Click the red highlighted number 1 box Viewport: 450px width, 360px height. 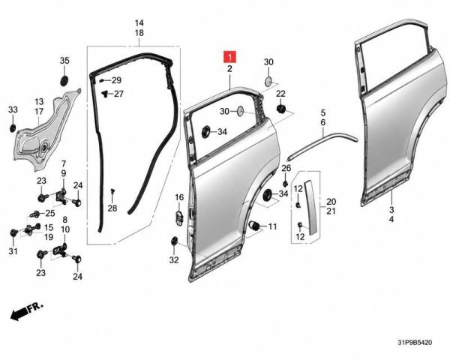click(230, 57)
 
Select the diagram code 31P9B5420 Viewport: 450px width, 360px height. click(415, 342)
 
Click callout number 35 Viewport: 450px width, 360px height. click(64, 61)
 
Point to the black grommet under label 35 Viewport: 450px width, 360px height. click(64, 81)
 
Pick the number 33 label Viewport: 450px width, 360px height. click(13, 109)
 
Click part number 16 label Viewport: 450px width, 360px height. click(179, 197)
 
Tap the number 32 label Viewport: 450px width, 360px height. click(174, 259)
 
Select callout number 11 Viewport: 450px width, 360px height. click(272, 226)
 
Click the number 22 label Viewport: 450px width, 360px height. click(280, 94)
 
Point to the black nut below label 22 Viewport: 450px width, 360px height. click(280, 109)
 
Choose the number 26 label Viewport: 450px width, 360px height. click(286, 168)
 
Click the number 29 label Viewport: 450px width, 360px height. click(116, 80)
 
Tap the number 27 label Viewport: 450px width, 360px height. click(118, 94)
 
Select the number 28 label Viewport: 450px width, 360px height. click(112, 208)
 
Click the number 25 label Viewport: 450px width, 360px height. click(50, 213)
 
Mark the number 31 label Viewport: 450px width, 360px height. click(13, 251)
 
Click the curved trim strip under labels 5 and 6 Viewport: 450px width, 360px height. click(322, 142)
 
